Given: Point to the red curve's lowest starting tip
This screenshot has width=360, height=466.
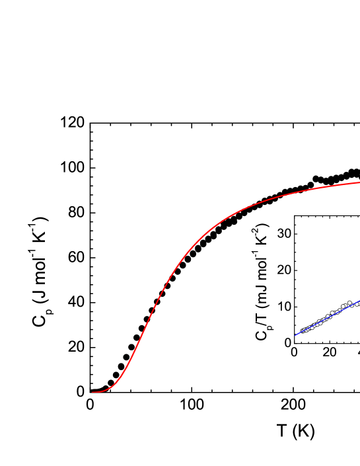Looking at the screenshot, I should tap(92, 392).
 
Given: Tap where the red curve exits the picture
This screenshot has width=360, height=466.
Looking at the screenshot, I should tap(359, 182).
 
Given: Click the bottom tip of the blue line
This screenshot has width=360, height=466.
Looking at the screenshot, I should tap(295, 335).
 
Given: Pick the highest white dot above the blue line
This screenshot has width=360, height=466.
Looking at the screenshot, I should tap(349, 303).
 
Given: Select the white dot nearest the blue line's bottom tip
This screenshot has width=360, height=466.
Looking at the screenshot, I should tap(303, 330).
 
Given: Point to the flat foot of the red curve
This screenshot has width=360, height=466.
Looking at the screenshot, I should tap(99, 391).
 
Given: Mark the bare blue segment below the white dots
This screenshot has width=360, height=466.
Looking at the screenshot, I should tap(298, 334).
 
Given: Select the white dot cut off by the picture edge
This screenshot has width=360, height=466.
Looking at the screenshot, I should tap(359, 303).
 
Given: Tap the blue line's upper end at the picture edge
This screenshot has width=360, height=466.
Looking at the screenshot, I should tap(359, 301).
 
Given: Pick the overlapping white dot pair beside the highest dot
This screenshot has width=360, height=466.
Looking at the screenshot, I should tap(343, 307).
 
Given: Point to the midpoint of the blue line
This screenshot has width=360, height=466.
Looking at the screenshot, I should tap(327, 318).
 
